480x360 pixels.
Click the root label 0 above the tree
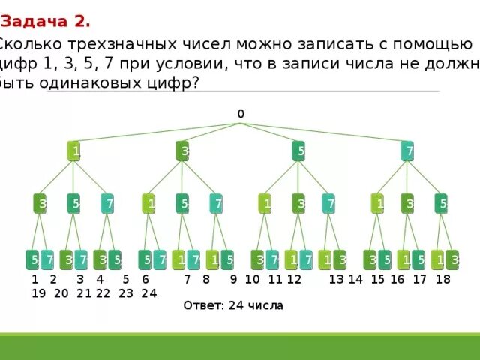pos(241,114)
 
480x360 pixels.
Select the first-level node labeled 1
pos(74,151)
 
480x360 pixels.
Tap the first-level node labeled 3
pos(184,151)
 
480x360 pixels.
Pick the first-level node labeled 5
pos(298,151)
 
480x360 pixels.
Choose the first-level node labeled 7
pos(407,151)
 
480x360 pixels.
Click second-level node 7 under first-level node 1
pos(108,203)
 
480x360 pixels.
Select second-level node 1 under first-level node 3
pos(149,203)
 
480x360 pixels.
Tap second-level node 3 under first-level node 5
pos(298,203)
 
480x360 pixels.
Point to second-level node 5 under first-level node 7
pos(441,203)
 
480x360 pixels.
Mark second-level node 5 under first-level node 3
pos(183,203)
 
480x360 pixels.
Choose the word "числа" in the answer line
pos(267,306)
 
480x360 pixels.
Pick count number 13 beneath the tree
pos(336,279)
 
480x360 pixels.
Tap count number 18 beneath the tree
pos(442,279)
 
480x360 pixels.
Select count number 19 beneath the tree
pos(37,293)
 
